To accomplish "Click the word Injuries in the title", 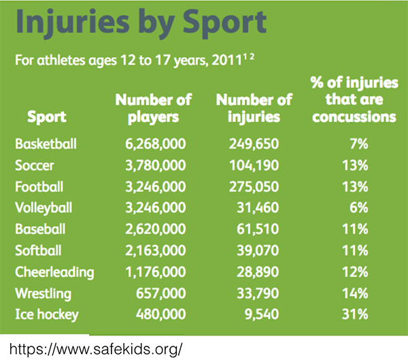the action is point(73,23).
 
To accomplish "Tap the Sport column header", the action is point(47,116).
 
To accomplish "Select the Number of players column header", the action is point(154,108).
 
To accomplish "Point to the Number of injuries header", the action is point(254,108).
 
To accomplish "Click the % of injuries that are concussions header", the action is point(354,99).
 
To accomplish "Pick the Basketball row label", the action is point(46,144).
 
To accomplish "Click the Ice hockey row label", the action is point(47,314).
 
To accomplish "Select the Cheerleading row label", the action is point(54,272).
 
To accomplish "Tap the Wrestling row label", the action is point(44,294).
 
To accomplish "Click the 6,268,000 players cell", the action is point(156,144).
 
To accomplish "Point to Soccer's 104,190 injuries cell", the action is point(254,165).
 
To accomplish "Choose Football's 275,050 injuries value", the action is point(254,186).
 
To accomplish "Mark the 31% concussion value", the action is point(355,314).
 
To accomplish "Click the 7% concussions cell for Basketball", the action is point(359,144).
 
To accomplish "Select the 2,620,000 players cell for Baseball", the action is point(156,229).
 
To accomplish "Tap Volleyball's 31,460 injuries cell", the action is point(258,208).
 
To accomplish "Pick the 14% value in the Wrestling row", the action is point(355,293).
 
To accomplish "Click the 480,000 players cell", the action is point(161,314).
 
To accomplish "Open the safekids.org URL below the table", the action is point(96,349).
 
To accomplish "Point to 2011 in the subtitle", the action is point(227,61).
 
